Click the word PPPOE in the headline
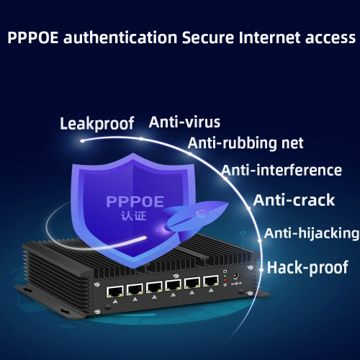[x=33, y=37]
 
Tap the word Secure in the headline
[x=208, y=37]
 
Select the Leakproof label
[x=97, y=124]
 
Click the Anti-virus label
[x=184, y=122]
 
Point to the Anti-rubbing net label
[x=246, y=143]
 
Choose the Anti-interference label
[x=282, y=171]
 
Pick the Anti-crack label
[x=294, y=200]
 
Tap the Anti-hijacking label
[x=312, y=233]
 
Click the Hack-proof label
[x=307, y=267]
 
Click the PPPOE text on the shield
[x=135, y=202]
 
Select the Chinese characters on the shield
[x=133, y=215]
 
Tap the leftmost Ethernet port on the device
[x=115, y=292]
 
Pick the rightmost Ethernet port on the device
[x=211, y=282]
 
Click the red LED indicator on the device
[x=225, y=280]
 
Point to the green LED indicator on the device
[x=225, y=276]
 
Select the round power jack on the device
[x=237, y=276]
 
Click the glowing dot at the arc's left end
[x=82, y=141]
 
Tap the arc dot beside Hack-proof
[x=261, y=270]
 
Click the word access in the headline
[x=330, y=38]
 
